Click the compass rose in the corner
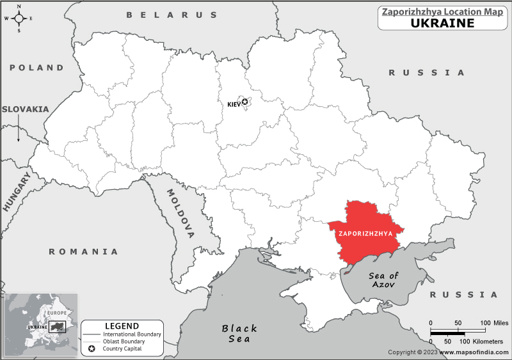pos(19,18)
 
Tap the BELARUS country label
pos(172,15)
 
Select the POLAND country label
pos(36,67)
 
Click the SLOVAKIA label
pos(25,109)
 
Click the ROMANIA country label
pos(84,251)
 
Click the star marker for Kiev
pos(244,102)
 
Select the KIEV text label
pos(234,104)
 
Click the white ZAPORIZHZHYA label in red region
pos(364,233)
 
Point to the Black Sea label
pos(239,333)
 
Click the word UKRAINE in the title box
pos(442,23)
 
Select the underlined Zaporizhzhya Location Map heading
pos(442,11)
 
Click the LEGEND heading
pos(122,325)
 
